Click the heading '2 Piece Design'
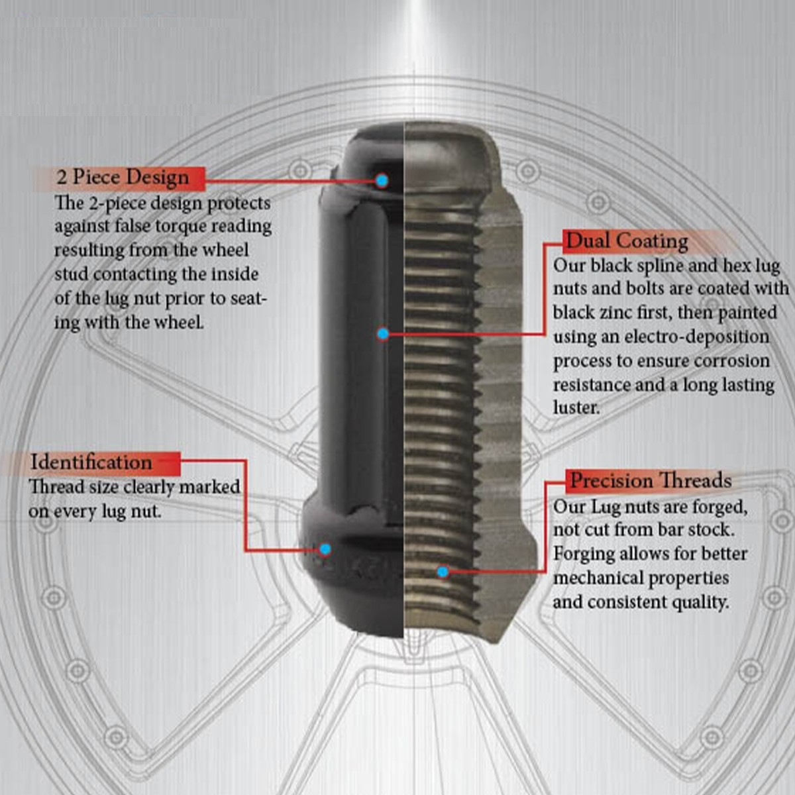coord(123,178)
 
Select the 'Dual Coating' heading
coord(627,241)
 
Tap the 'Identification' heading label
coord(91,462)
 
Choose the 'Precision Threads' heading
coord(651,480)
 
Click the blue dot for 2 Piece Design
coord(382,180)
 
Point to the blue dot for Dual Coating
coord(382,334)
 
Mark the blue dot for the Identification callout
coord(325,549)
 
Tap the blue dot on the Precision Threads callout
coord(443,571)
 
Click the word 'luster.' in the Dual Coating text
coord(576,408)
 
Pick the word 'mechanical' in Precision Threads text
coord(599,578)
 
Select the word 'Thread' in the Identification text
coord(56,487)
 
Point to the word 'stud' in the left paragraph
coord(71,274)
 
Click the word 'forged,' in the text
coord(719,507)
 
